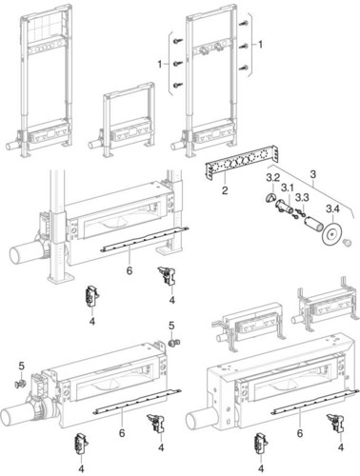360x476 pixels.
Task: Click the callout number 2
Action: (225, 190)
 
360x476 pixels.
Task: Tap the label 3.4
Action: (333, 209)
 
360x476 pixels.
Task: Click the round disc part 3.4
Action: (330, 235)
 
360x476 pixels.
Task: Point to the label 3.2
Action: (272, 178)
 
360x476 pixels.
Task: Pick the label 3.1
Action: (288, 188)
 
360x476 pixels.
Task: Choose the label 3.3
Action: (302, 198)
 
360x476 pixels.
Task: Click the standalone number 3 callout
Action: (313, 174)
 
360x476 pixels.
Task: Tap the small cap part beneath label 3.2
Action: (270, 199)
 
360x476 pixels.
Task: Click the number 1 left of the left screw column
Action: (160, 65)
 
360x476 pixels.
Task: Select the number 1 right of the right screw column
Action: (260, 45)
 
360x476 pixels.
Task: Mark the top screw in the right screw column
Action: (244, 23)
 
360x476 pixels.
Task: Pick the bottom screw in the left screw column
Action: (177, 85)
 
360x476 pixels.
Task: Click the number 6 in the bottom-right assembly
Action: (300, 433)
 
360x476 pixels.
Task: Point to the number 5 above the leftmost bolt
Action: (21, 366)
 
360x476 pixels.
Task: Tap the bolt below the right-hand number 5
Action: (173, 343)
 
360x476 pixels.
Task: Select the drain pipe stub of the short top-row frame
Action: (94, 145)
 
